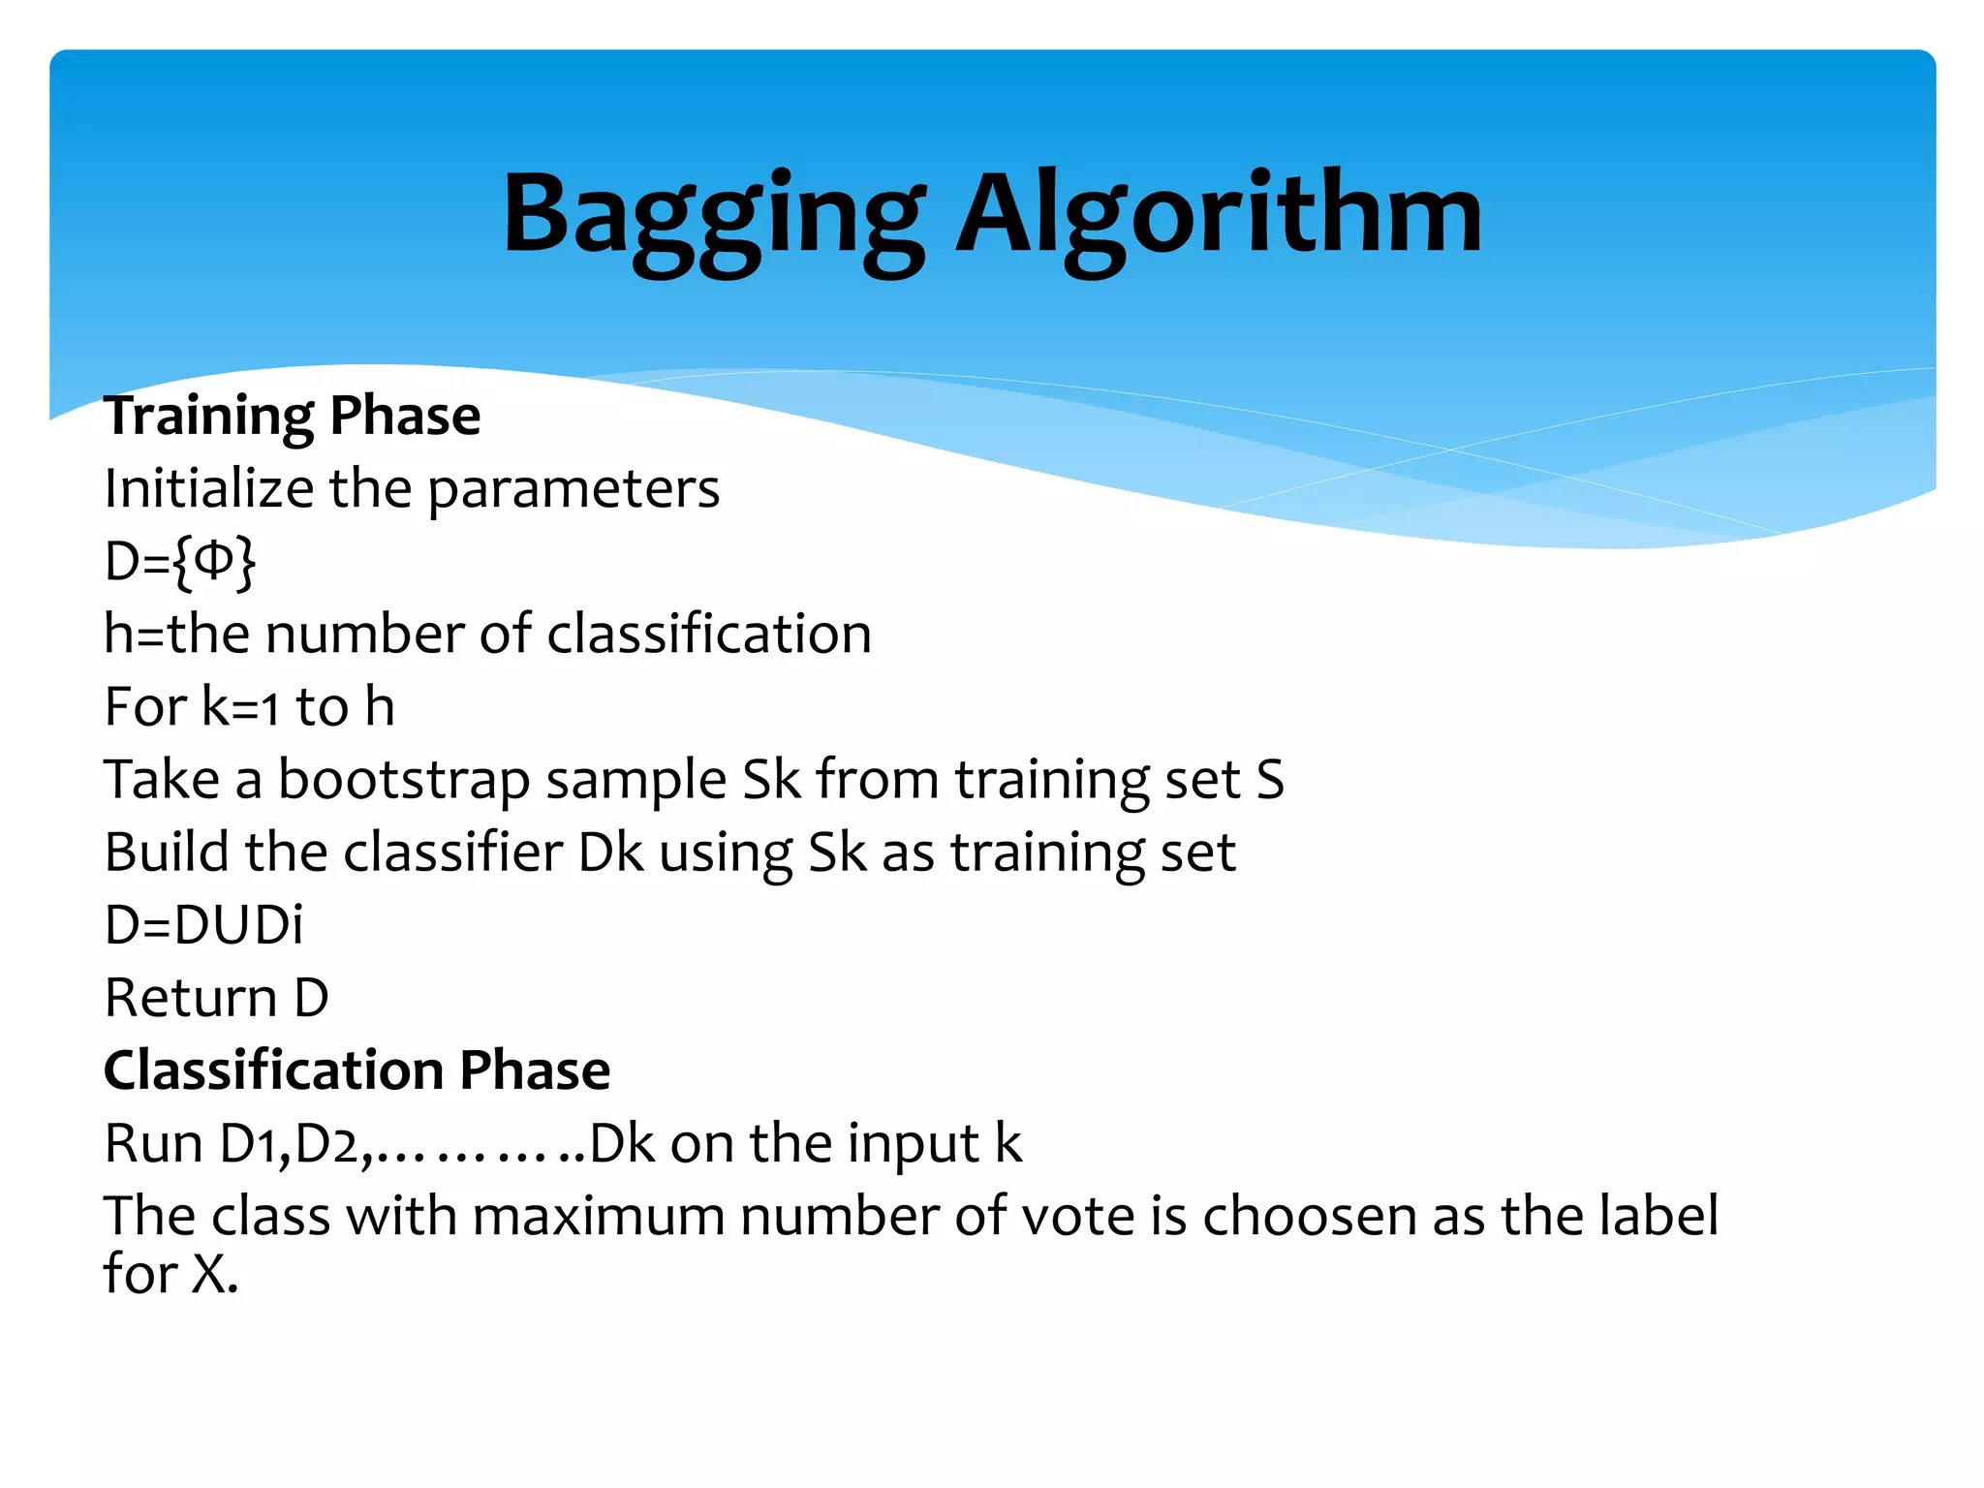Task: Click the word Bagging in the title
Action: click(712, 215)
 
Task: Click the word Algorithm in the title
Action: click(1219, 215)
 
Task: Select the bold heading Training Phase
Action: click(292, 416)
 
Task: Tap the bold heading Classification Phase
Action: click(356, 1070)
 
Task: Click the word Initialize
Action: click(208, 488)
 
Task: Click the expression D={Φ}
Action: click(180, 562)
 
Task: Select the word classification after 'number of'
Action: click(709, 635)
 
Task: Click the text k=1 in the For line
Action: click(240, 707)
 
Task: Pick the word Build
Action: click(166, 852)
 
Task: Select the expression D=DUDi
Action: click(203, 925)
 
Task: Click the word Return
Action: click(191, 998)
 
